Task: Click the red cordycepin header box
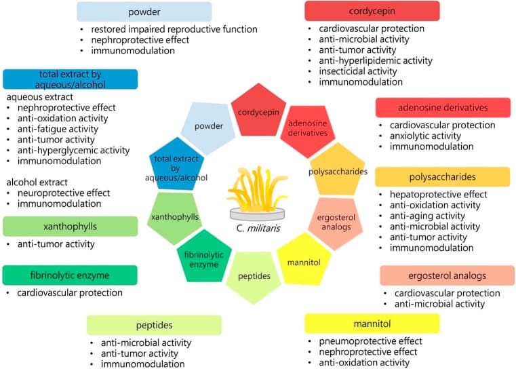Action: pos(372,11)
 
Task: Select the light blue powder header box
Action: pos(144,12)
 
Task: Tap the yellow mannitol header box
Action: pos(372,324)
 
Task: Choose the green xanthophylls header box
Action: pos(70,227)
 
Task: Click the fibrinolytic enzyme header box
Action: pos(70,275)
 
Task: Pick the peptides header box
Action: pos(155,325)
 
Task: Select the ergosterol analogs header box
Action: pos(448,275)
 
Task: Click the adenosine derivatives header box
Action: pos(443,108)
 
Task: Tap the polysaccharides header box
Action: pos(443,177)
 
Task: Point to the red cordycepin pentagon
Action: pos(258,111)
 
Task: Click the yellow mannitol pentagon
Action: pos(304,260)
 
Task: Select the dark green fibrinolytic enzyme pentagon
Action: pos(204,257)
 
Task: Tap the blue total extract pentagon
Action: pos(176,166)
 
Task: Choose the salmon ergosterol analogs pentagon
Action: pos(336,223)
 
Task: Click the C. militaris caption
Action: pos(258,228)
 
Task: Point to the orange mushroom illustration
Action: pos(257,193)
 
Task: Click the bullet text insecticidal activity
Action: pos(358,71)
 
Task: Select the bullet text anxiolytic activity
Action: pos(425,136)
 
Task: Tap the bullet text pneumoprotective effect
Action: pos(370,341)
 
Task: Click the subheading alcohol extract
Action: pos(37,182)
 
